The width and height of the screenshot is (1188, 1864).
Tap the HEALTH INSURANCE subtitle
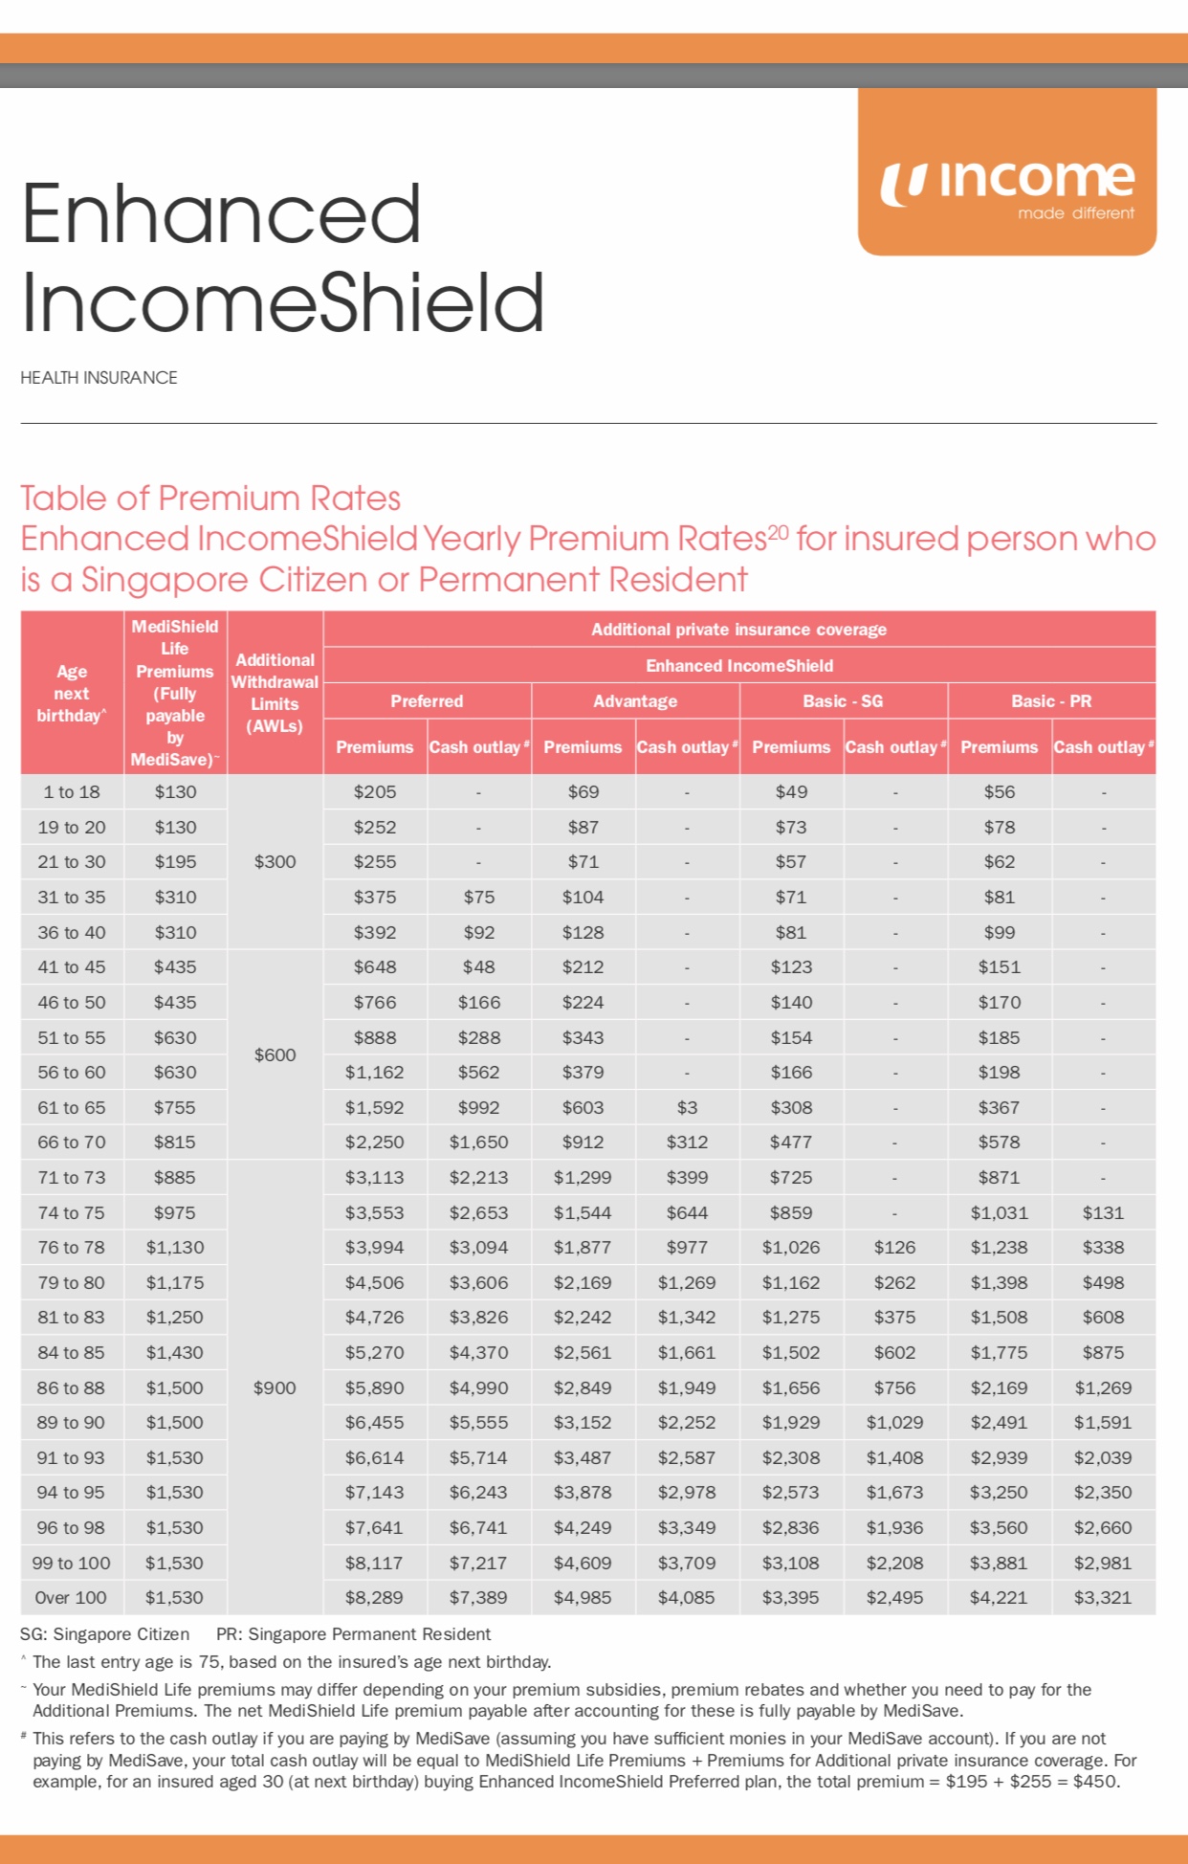click(x=99, y=378)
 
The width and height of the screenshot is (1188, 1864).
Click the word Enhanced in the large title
click(x=221, y=214)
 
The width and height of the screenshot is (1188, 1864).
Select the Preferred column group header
click(x=427, y=701)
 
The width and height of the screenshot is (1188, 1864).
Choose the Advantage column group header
click(x=635, y=701)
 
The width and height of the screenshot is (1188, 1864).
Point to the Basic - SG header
click(x=843, y=701)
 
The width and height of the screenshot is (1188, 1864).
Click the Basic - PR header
click(x=1051, y=701)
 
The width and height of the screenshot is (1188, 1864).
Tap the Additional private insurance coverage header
click(x=738, y=630)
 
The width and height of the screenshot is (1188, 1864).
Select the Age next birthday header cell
click(x=72, y=694)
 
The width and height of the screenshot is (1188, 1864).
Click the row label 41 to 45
click(x=72, y=967)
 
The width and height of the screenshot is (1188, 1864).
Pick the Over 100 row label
click(x=72, y=1597)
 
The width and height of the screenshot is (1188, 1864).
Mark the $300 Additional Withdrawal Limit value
click(x=275, y=862)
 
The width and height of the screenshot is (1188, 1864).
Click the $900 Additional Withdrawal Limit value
click(x=275, y=1387)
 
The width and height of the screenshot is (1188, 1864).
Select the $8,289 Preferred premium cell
click(x=374, y=1597)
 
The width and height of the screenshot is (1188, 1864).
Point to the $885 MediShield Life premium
click(x=175, y=1178)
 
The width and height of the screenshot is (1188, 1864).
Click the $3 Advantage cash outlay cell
click(x=687, y=1108)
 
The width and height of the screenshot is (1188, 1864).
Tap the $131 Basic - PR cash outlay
click(x=1103, y=1213)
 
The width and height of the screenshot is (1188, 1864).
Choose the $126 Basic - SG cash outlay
click(x=894, y=1248)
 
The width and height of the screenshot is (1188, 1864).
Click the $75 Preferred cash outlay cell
click(x=478, y=898)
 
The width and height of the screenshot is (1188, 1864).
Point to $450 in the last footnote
click(x=1096, y=1782)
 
